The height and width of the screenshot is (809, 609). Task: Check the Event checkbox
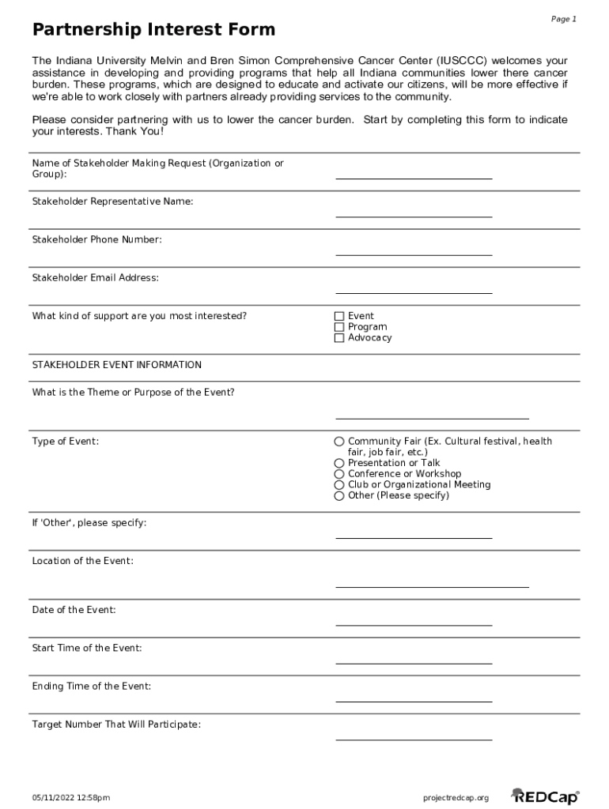coord(339,316)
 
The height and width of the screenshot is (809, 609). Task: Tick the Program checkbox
coord(339,327)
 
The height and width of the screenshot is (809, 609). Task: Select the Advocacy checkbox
coord(339,338)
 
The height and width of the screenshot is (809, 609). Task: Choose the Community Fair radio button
coord(339,442)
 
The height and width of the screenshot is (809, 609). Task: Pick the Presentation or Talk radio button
coord(339,463)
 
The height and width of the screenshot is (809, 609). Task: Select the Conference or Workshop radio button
coord(339,474)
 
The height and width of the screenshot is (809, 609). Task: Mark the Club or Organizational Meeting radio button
coord(339,485)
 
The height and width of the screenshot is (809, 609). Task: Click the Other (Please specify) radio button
coord(339,496)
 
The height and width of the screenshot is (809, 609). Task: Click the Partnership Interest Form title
coord(153,30)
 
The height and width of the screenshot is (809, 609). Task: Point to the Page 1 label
coord(564,19)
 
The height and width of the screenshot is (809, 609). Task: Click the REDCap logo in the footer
coord(545,797)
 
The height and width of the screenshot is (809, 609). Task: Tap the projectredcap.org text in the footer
coord(456,798)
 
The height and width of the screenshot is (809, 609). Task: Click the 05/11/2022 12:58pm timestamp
coord(71,798)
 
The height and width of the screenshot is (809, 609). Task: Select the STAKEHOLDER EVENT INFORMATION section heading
coord(116,365)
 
